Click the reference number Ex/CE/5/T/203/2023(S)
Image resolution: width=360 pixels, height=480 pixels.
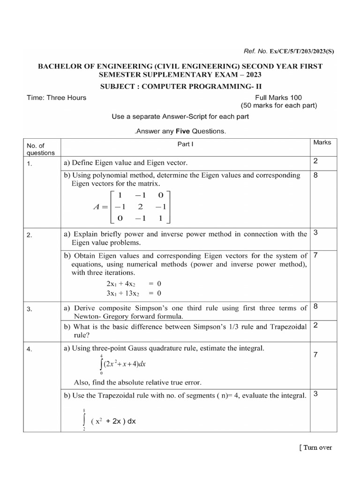click(x=301, y=51)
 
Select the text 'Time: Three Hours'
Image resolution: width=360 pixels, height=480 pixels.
click(x=56, y=97)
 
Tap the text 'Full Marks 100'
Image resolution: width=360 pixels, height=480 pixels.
click(x=278, y=97)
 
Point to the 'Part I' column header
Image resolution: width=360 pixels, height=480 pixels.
click(x=184, y=144)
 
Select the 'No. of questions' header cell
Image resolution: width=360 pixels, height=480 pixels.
click(x=41, y=149)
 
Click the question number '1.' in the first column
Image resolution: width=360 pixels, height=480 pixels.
click(x=30, y=164)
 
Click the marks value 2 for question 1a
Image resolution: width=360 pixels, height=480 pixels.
click(x=315, y=161)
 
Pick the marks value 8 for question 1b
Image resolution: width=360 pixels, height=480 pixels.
click(x=315, y=175)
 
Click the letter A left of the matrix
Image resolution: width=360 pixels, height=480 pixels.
click(x=97, y=207)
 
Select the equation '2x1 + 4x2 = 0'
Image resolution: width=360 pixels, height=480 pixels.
click(x=134, y=284)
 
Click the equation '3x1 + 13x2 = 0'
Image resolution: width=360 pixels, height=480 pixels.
click(x=134, y=294)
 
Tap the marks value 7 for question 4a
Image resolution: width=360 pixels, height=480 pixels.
click(x=315, y=356)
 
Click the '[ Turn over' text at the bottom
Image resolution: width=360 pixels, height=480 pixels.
click(x=315, y=447)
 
